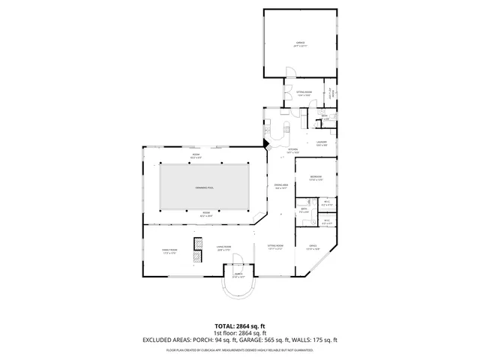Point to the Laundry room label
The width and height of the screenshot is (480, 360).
(320, 143)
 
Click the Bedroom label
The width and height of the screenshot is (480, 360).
(316, 178)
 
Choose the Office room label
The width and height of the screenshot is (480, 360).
(313, 247)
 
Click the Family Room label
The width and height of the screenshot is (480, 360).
(169, 251)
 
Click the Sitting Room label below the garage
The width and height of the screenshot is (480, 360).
(304, 94)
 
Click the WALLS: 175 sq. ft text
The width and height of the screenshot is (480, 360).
(318, 340)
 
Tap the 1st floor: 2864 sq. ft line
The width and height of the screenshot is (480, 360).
(239, 333)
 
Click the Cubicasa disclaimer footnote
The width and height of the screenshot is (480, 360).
(239, 349)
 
